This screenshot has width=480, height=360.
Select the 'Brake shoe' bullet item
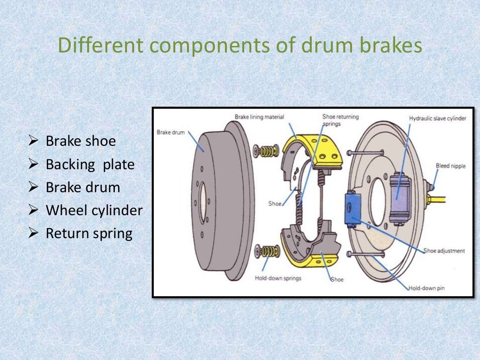tap(80, 141)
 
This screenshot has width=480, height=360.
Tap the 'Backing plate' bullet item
tap(90, 165)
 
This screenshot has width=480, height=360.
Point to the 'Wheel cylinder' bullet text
tap(94, 210)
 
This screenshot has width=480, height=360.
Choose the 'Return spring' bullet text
tap(89, 233)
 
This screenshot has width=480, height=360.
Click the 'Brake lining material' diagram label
tap(260, 116)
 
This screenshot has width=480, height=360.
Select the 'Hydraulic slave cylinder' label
tap(437, 119)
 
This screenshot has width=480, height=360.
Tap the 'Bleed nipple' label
tap(450, 165)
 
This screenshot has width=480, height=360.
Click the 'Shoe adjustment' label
tap(444, 251)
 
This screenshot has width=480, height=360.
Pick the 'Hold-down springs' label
tap(278, 278)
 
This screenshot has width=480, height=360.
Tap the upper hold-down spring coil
tap(267, 151)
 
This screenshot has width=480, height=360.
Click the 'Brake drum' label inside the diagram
tap(171, 132)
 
